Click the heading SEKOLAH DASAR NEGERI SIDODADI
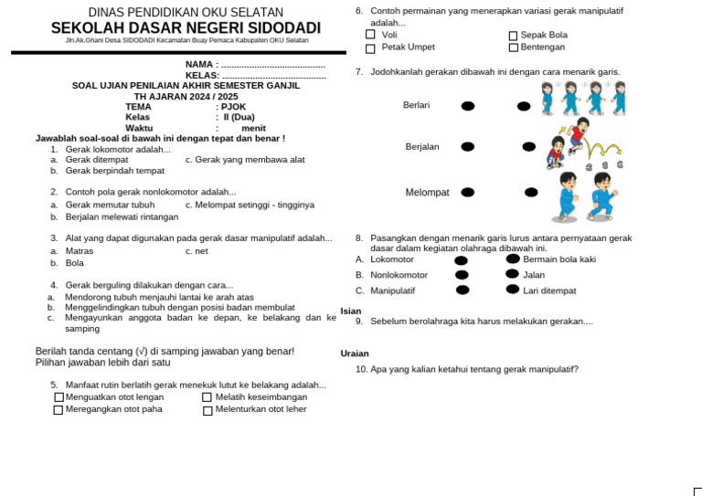tap(186, 28)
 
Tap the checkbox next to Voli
tap(370, 35)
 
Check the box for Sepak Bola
tap(513, 36)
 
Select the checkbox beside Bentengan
tap(513, 47)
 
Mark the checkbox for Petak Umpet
tap(370, 47)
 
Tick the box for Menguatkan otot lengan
tap(58, 397)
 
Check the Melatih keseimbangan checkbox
tap(207, 397)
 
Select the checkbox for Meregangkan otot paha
tap(58, 410)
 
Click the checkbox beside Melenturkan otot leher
tap(207, 410)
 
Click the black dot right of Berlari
tap(468, 106)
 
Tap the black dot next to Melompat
tap(468, 193)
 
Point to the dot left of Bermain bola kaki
tap(513, 259)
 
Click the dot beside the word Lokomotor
tap(461, 260)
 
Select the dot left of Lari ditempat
tap(513, 290)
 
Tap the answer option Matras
tap(80, 250)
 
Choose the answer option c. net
tap(197, 250)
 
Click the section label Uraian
tap(355, 354)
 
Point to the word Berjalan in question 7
tap(422, 147)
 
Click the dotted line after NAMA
tap(273, 66)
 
